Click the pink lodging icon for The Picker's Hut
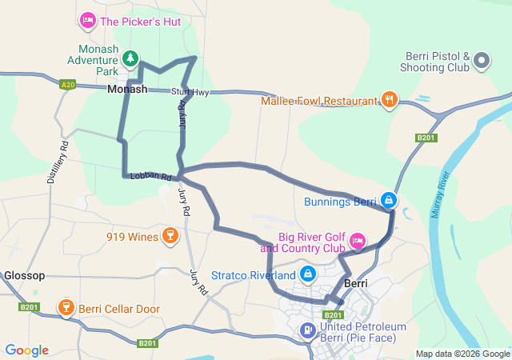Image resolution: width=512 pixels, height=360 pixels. point(88,19)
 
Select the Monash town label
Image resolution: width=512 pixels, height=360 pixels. point(127,90)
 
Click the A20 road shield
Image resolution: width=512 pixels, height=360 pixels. point(68,83)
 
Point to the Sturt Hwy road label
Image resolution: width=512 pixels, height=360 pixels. point(190,93)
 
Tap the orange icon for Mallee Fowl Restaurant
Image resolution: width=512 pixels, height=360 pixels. point(389,100)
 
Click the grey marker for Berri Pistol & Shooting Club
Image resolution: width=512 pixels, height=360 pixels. point(481,61)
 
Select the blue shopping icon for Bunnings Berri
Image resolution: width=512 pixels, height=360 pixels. point(388,200)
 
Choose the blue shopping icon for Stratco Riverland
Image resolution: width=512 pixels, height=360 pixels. point(307,274)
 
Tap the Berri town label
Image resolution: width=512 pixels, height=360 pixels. point(355,284)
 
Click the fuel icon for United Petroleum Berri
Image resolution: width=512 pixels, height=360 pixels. point(306,329)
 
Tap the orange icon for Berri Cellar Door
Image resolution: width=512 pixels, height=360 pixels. point(66,308)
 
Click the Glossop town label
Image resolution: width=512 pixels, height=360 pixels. point(24,275)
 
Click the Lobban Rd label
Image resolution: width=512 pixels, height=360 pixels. point(151,176)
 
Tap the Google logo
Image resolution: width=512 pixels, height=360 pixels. point(26,350)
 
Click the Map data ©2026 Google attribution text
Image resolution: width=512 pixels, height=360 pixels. point(462,354)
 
